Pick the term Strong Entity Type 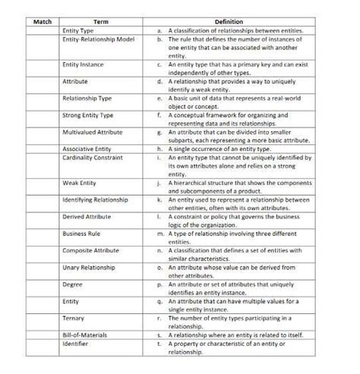[88, 115]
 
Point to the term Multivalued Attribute [93, 132]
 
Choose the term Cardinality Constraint [93, 158]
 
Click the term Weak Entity [79, 183]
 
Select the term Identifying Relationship [94, 200]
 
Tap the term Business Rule [81, 234]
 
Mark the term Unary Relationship [90, 267]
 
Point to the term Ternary [74, 318]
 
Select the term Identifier [76, 344]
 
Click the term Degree [73, 284]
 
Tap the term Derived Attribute [87, 217]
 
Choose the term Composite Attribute [91, 250]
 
